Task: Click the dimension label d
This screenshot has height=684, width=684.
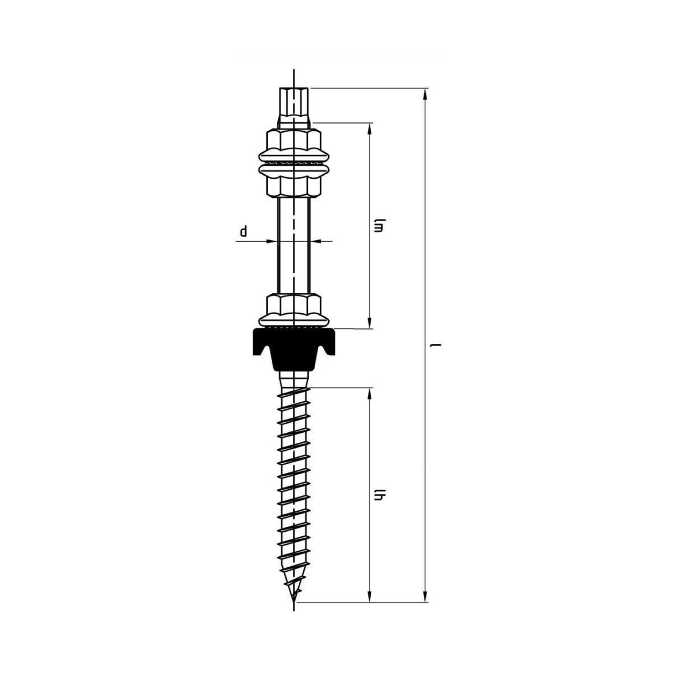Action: coord(244,232)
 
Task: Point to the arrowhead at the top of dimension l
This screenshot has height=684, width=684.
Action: coord(425,94)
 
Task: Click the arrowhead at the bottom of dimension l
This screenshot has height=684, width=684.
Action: coord(425,597)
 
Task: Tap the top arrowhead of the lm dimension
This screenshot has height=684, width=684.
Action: coord(369,129)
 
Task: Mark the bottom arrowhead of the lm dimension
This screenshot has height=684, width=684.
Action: coord(369,323)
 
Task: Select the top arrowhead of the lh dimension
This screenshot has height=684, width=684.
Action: coord(369,394)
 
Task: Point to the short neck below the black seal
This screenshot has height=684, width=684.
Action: coord(294,379)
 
